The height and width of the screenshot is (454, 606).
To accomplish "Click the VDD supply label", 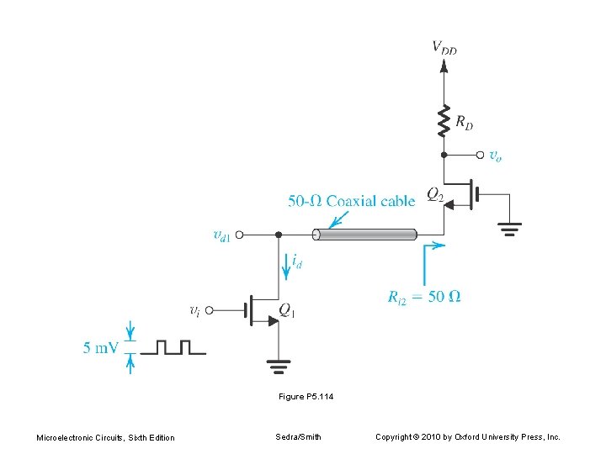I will click(x=444, y=47).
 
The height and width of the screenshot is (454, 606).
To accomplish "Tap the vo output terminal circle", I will click(x=481, y=155).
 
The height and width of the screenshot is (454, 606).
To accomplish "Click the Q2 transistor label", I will click(x=435, y=194).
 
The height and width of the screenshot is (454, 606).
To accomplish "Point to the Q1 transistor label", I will click(x=286, y=311).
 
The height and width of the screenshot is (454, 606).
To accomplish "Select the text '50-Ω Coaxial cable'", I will click(x=351, y=201).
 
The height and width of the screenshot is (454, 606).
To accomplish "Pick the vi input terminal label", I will click(x=194, y=310).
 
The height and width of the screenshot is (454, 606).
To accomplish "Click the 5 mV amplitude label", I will click(x=100, y=347).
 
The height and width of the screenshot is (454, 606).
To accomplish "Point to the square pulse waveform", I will click(x=173, y=347).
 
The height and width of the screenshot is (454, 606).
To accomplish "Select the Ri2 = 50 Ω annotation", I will click(x=424, y=296).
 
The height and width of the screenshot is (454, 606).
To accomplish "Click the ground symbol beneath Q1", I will click(x=278, y=365).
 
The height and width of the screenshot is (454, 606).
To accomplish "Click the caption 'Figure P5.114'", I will click(x=306, y=396).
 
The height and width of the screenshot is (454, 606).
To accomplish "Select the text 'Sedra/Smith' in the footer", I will click(x=298, y=437).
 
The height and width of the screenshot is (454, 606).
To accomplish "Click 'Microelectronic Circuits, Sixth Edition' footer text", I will click(x=105, y=437).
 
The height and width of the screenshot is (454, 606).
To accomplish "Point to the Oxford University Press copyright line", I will click(x=467, y=437).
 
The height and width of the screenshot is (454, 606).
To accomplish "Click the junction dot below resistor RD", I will click(x=444, y=155).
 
